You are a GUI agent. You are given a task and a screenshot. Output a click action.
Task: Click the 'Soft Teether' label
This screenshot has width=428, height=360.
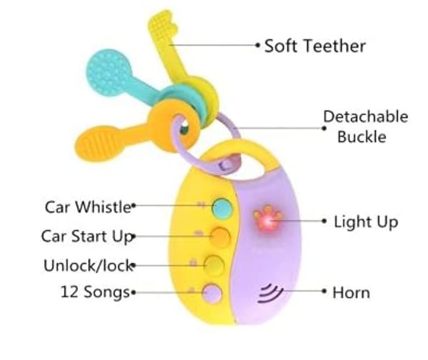tap(315, 46)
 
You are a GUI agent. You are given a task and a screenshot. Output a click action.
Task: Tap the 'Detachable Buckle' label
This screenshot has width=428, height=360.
tap(365, 126)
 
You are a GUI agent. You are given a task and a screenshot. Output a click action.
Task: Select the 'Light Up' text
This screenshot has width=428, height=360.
tap(365, 222)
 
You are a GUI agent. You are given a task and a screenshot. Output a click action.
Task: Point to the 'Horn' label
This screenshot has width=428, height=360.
tap(351, 292)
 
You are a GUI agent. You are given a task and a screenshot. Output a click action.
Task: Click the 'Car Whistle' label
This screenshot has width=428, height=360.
tap(88, 207)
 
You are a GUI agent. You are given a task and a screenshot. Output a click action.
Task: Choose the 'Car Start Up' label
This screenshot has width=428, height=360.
tap(87, 235)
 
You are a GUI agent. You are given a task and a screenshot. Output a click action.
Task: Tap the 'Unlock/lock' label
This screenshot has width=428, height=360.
tap(88, 265)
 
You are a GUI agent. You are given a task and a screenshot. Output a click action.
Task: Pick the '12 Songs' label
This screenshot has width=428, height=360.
tap(95, 292)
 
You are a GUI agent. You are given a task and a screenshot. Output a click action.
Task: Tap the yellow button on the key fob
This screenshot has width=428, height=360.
tap(214, 264)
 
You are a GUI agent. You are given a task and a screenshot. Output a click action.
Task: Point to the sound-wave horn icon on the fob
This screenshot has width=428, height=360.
tap(268, 292)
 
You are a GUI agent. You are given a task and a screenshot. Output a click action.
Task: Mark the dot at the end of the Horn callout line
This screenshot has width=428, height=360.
tap(325, 292)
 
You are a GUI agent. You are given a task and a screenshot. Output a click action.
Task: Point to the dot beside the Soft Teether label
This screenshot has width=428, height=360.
tap(258, 45)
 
